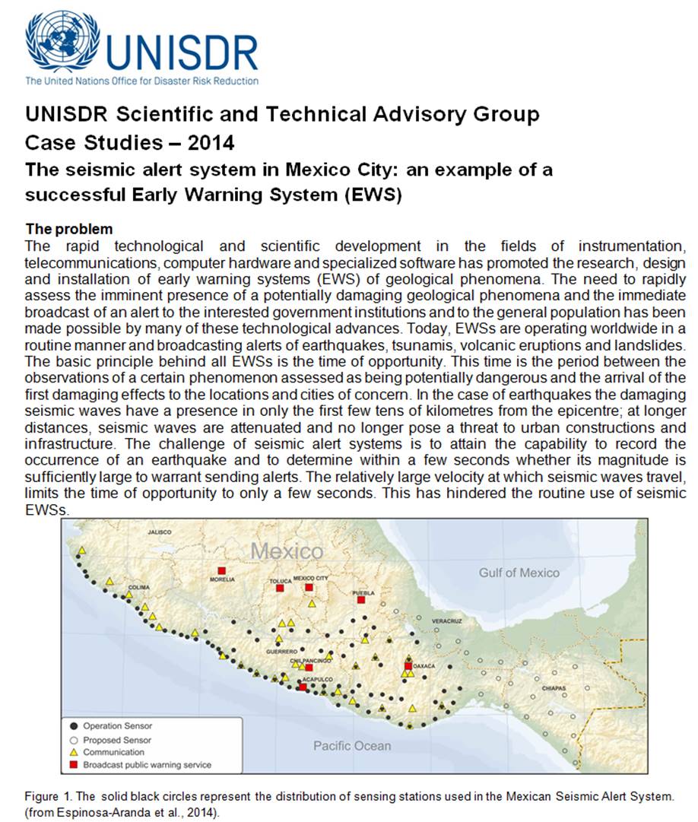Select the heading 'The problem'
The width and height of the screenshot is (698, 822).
click(69, 229)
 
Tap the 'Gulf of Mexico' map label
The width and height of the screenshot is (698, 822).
click(519, 573)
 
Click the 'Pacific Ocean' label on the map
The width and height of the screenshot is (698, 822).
click(352, 745)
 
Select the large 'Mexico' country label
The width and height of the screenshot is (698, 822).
click(287, 551)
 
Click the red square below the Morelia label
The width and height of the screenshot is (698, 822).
click(221, 570)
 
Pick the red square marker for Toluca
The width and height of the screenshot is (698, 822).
click(280, 589)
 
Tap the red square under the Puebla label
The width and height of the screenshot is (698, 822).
click(361, 600)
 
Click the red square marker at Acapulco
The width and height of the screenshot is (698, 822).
click(303, 687)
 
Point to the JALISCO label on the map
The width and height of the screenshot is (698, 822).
click(160, 532)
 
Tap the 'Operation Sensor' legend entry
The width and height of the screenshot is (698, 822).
click(117, 726)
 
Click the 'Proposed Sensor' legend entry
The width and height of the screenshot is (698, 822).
click(117, 739)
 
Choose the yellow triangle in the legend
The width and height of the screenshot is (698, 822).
click(75, 752)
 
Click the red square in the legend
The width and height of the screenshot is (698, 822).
click(75, 765)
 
